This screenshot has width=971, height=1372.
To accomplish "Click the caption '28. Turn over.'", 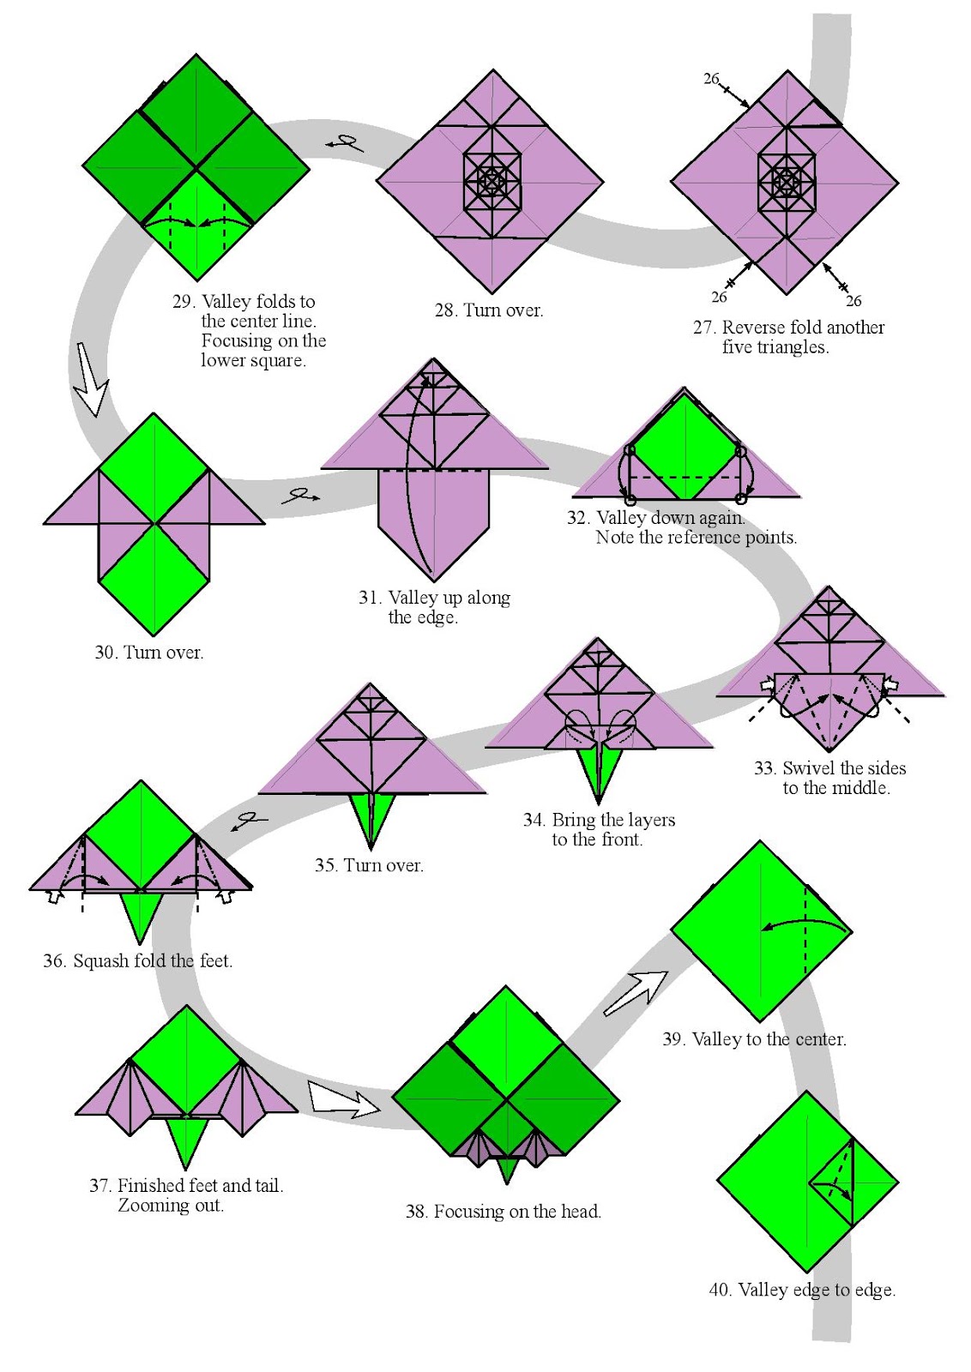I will (x=489, y=310).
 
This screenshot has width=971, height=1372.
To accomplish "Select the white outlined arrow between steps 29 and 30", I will (x=91, y=380).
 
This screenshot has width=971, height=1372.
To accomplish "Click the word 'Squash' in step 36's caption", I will (x=100, y=961).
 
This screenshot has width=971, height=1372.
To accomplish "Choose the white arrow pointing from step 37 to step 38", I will (x=342, y=1099).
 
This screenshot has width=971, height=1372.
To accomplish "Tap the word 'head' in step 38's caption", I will (x=580, y=1212).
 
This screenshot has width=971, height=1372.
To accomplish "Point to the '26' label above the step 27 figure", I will (x=711, y=79).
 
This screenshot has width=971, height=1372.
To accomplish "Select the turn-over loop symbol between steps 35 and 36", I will (x=250, y=821).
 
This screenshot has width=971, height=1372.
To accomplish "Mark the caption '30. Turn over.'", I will (x=149, y=653).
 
